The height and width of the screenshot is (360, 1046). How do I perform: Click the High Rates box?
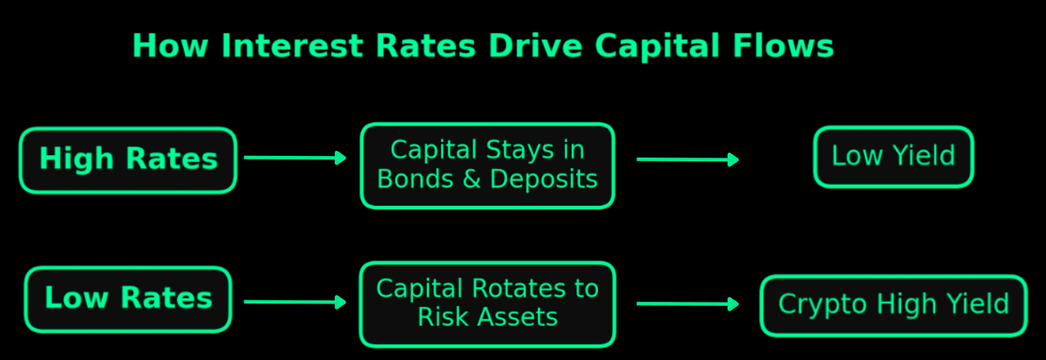pyautogui.click(x=128, y=160)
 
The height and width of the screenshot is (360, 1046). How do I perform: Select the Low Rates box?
pyautogui.click(x=128, y=299)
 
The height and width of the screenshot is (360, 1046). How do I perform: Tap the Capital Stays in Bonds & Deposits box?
pyautogui.click(x=487, y=166)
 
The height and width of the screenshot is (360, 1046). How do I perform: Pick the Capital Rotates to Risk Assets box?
pyautogui.click(x=487, y=304)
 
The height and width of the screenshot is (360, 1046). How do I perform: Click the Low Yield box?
pyautogui.click(x=893, y=156)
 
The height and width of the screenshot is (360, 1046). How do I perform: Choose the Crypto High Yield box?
pyautogui.click(x=893, y=305)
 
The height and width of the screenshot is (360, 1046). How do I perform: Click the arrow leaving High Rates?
pyautogui.click(x=295, y=158)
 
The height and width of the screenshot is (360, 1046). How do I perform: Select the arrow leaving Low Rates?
pyautogui.click(x=295, y=302)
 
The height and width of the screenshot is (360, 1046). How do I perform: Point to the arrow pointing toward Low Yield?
pyautogui.click(x=688, y=160)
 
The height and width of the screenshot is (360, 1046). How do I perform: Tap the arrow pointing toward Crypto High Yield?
pyautogui.click(x=688, y=304)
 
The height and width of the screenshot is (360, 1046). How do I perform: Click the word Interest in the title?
pyautogui.click(x=292, y=45)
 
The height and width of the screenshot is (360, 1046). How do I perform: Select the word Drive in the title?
pyautogui.click(x=535, y=45)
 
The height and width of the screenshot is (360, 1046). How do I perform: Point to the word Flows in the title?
pyautogui.click(x=784, y=45)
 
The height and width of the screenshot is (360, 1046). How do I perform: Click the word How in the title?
pyautogui.click(x=170, y=45)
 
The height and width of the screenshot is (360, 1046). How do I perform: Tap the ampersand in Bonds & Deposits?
pyautogui.click(x=472, y=179)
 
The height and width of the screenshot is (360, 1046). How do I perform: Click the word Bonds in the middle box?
pyautogui.click(x=415, y=179)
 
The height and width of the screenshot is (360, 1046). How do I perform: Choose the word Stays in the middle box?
pyautogui.click(x=513, y=150)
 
